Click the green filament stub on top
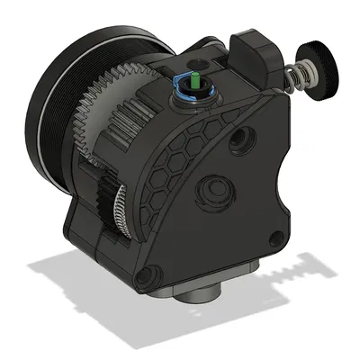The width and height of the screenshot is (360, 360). tap(192, 79)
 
